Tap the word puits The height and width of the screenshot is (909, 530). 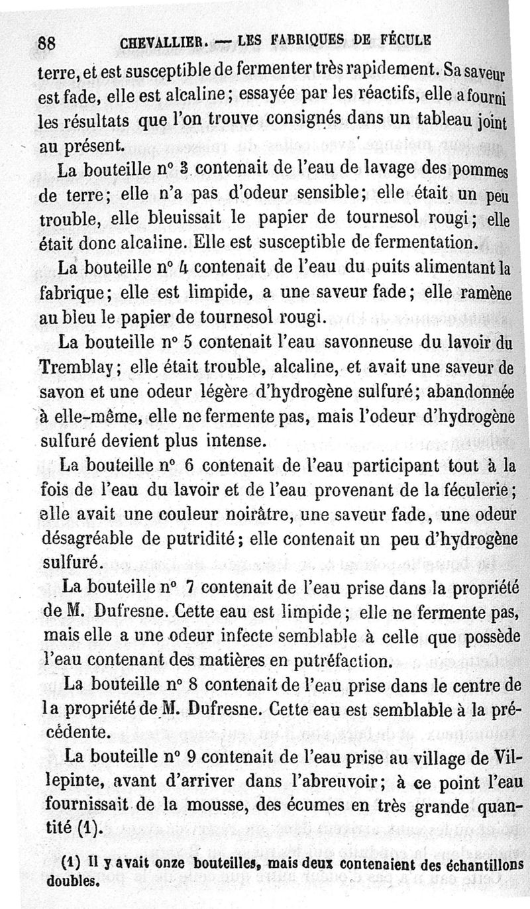click(x=359, y=267)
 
